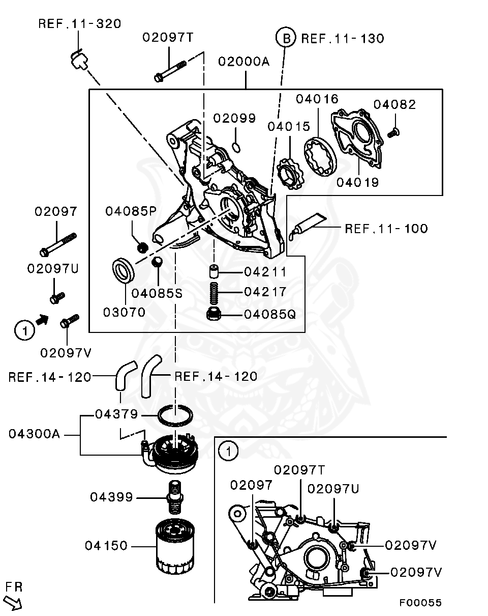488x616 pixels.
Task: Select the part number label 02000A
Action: pos(244,62)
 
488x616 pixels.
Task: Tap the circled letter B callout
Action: pos(286,38)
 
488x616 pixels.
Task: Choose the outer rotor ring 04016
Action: pos(320,156)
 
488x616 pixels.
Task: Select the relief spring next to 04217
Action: pos(214,293)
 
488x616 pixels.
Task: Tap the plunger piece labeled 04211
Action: pos(214,271)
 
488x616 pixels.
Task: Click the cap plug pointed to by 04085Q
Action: pos(213,314)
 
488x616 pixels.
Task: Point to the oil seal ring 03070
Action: pos(123,271)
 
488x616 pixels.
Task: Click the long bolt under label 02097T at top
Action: pos(170,71)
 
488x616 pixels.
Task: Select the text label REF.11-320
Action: pos(80,24)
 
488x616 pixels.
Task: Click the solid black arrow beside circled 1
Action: pos(42,319)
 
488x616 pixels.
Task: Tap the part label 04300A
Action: pos(34,434)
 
